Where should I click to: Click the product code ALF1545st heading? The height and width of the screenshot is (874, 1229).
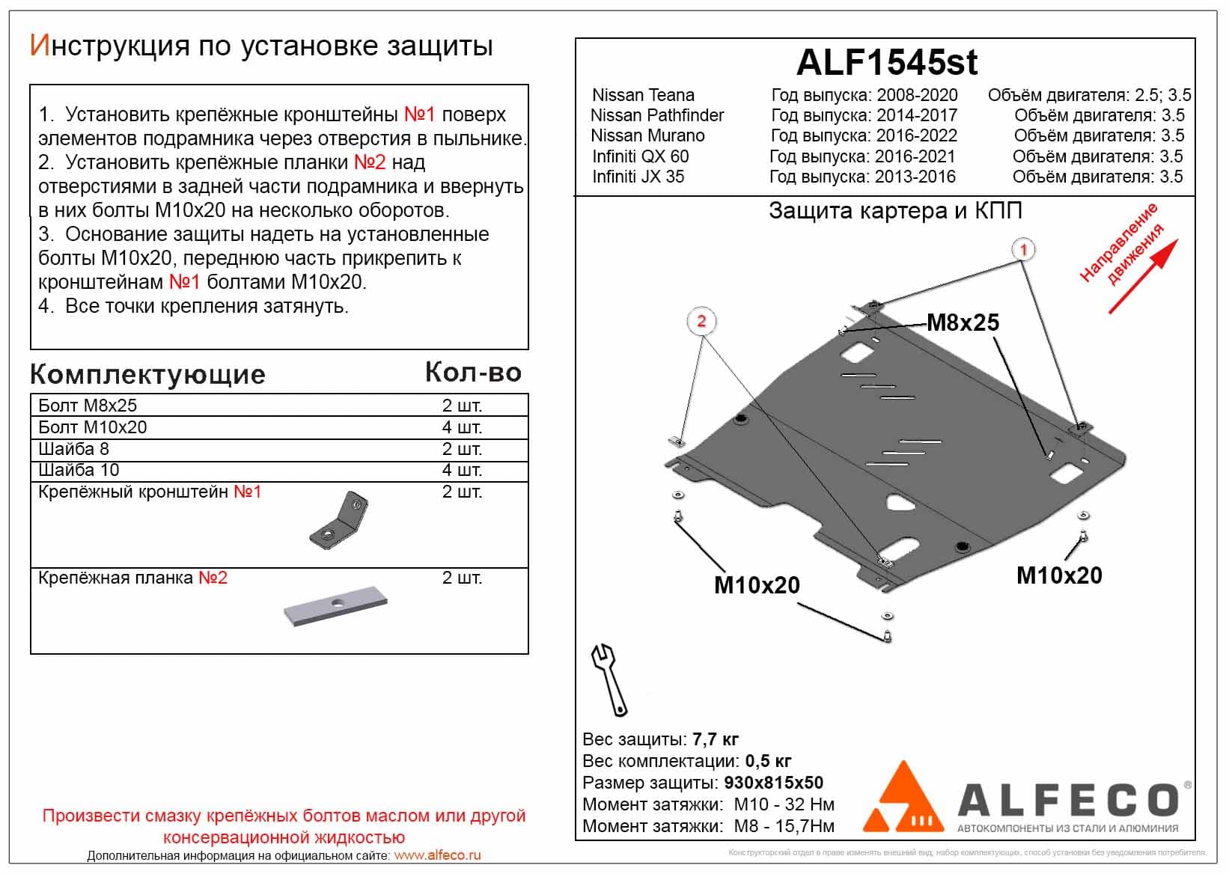tap(886, 62)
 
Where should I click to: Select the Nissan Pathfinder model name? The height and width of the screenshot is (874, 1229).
tap(657, 115)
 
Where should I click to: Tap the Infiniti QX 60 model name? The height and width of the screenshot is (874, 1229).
tap(640, 156)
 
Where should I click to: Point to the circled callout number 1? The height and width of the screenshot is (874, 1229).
tap(1023, 249)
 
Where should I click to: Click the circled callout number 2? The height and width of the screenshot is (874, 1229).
tap(701, 321)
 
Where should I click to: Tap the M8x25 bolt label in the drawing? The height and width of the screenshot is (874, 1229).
tap(963, 323)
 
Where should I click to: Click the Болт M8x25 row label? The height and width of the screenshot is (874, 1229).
tap(88, 406)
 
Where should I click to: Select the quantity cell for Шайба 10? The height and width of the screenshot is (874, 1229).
tap(462, 470)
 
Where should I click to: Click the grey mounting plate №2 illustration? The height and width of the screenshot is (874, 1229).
tap(335, 605)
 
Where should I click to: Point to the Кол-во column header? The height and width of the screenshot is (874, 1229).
tap(473, 373)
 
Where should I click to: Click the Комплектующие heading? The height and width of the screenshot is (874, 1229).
tap(147, 374)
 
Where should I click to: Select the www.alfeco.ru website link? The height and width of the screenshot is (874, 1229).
tap(437, 855)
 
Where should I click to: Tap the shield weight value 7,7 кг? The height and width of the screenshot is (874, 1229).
tap(715, 739)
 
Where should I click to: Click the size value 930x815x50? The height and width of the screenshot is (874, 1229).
tap(773, 783)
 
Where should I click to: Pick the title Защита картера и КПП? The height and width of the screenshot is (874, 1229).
tap(895, 211)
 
